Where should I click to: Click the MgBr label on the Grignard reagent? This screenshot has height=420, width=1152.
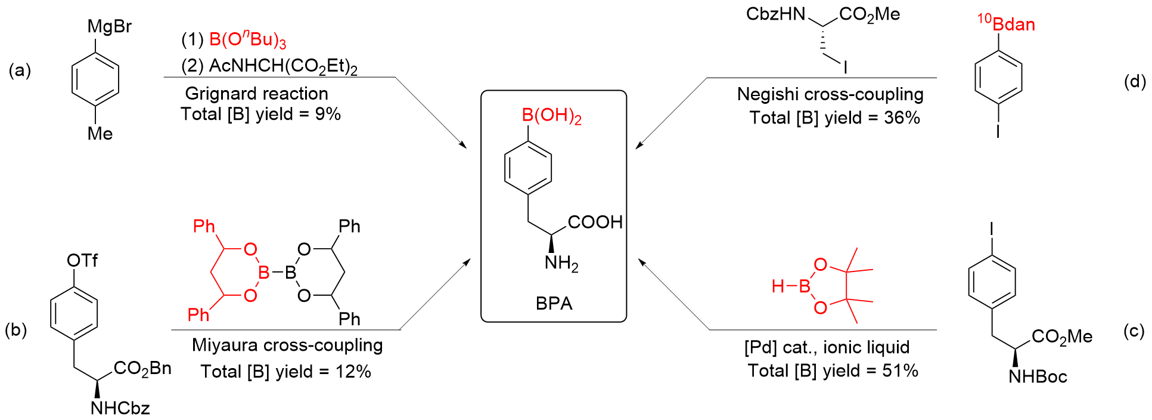[109, 27]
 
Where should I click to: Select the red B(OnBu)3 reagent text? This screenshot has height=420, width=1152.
[247, 41]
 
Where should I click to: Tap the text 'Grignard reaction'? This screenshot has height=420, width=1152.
[256, 94]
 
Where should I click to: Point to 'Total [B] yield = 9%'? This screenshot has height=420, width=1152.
[260, 114]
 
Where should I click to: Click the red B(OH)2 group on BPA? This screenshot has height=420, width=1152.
[551, 116]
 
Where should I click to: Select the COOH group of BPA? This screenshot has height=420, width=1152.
[595, 223]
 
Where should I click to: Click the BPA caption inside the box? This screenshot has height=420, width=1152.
[554, 304]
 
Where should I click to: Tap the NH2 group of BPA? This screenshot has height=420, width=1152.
[561, 263]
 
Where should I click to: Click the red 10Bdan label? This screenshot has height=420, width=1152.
[1006, 24]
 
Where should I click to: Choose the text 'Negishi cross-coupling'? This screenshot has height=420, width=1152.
[830, 94]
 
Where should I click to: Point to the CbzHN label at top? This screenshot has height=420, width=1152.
[775, 14]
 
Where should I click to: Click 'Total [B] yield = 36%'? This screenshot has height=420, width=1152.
[834, 118]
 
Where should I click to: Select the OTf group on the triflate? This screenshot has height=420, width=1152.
[82, 261]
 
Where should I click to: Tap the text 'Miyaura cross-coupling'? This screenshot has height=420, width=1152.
[287, 345]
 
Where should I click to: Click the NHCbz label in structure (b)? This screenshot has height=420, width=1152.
[120, 408]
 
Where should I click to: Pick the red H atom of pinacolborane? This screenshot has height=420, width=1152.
[778, 287]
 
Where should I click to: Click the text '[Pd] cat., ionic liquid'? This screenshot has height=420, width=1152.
[827, 347]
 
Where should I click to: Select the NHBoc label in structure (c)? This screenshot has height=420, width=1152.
[1038, 376]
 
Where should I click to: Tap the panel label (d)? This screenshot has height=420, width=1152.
[1135, 81]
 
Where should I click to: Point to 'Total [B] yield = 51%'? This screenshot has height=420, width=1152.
[833, 371]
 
